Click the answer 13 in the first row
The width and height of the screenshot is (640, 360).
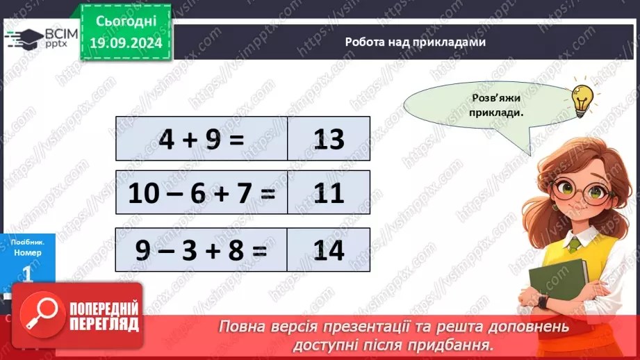pos(329,140)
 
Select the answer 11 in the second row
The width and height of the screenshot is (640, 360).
pos(329,193)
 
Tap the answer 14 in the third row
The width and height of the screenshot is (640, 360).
pos(329,249)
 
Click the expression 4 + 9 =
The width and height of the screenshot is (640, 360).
pos(202,140)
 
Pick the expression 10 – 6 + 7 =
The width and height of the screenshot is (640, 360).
pos(202,193)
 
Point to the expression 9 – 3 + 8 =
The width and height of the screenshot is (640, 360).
pos(202,249)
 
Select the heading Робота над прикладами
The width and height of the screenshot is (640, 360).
pos(415,42)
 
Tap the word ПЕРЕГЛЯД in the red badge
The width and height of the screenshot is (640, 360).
pos(104,324)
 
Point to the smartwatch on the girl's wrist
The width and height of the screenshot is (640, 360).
pos(543,302)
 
